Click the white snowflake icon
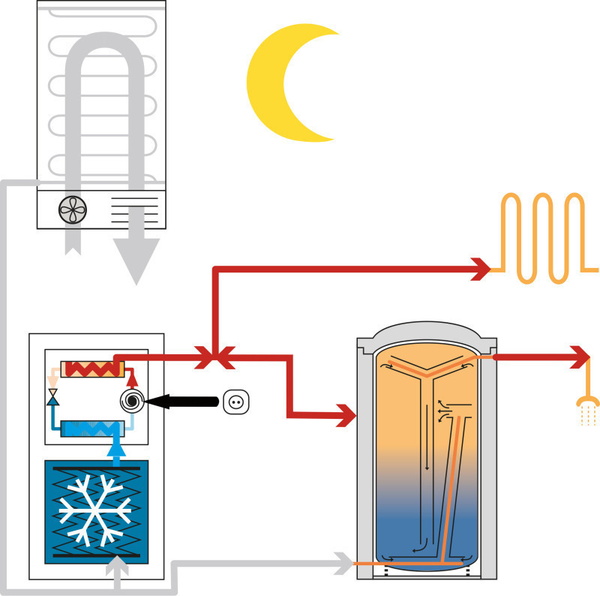tap(95, 510)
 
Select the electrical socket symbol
tap(235, 402)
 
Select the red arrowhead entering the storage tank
tap(344, 412)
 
